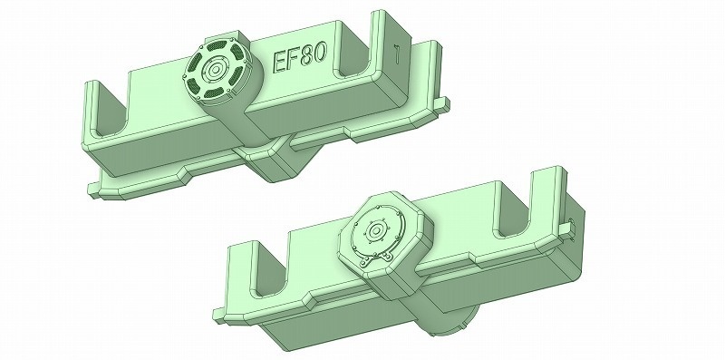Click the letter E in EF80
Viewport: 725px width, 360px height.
click(281, 63)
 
